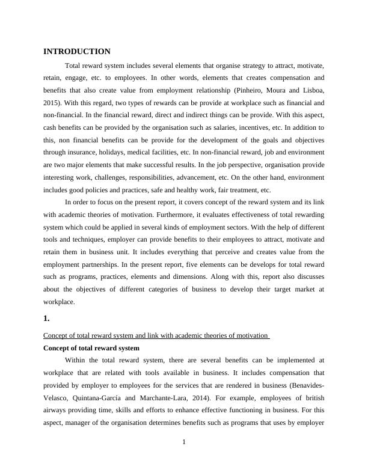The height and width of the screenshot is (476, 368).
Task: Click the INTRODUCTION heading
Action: [x=77, y=52]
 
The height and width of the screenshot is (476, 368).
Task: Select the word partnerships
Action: [x=99, y=266]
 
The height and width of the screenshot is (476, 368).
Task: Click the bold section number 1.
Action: [x=47, y=319]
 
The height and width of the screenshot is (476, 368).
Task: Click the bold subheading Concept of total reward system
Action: [x=91, y=348]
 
